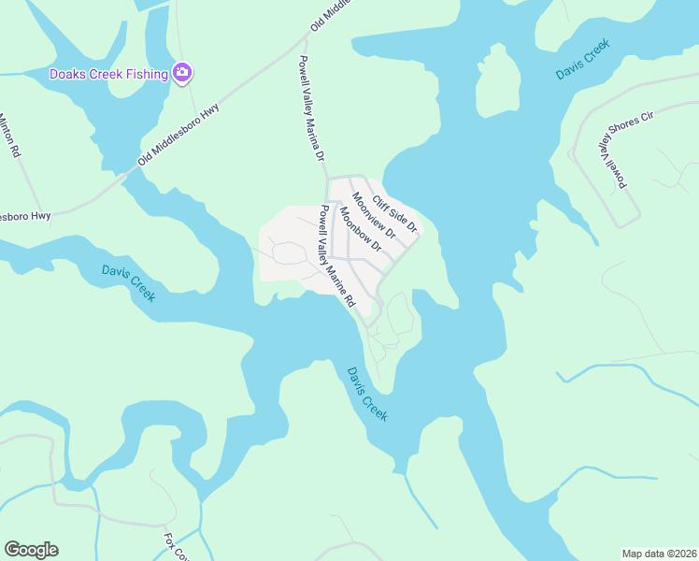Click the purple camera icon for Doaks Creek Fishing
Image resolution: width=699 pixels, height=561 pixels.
point(182,73)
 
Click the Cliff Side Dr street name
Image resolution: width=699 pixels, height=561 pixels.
point(393,214)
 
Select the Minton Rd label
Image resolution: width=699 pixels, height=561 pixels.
point(8,135)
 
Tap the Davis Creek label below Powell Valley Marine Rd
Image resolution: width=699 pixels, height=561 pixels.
point(367,392)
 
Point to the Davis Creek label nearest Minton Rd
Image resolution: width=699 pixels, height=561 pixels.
point(128,282)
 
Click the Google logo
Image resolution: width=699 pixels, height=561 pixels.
point(31,550)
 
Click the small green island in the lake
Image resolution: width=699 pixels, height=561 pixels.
point(498,79)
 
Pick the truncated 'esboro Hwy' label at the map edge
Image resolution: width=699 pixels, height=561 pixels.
point(24,216)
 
